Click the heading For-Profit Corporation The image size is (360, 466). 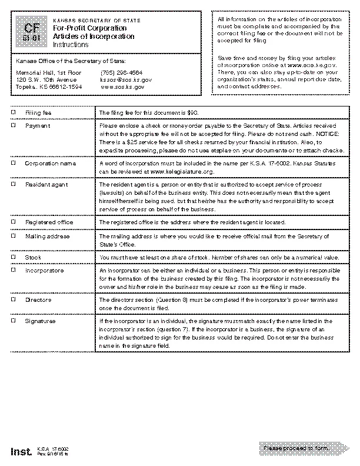click(82, 28)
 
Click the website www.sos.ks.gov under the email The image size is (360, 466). click(122, 86)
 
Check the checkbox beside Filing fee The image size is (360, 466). click(14, 112)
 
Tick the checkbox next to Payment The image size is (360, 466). click(14, 126)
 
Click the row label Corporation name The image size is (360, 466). click(50, 163)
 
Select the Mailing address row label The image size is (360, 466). click(47, 237)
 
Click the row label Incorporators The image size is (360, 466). click(44, 271)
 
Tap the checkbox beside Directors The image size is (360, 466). click(14, 300)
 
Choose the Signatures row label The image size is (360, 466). click(40, 322)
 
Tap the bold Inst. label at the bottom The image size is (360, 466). click(21, 452)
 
